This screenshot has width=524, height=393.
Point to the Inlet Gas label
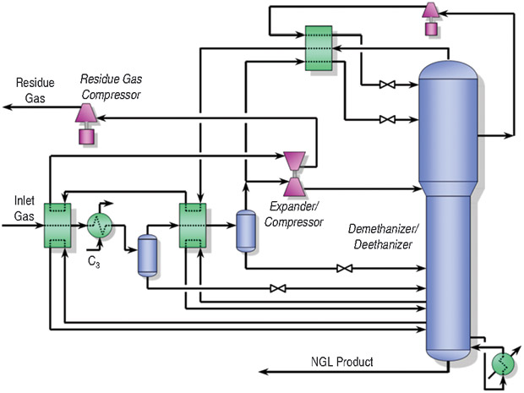[x=23, y=209]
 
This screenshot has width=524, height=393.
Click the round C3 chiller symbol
[x=100, y=226]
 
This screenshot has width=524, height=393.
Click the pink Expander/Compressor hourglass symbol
[x=295, y=172]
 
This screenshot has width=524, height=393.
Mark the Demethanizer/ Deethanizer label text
[x=383, y=237]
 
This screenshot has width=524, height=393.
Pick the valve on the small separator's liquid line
[x=276, y=289]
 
